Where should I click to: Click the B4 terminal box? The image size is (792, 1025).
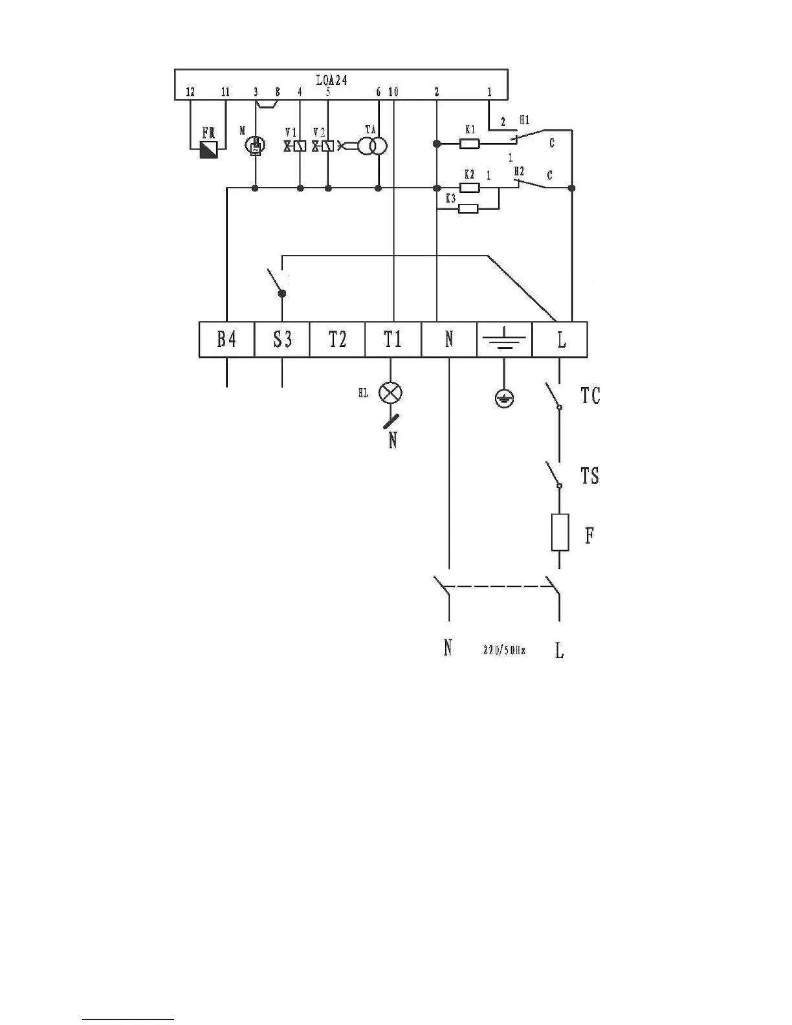tap(226, 339)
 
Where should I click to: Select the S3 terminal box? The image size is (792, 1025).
tap(282, 339)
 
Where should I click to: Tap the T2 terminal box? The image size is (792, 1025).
tap(338, 339)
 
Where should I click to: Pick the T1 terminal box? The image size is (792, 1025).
tap(393, 339)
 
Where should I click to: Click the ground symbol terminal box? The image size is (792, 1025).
tap(505, 339)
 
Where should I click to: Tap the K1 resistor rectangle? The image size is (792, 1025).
tap(469, 144)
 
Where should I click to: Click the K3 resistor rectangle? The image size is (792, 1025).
tap(468, 208)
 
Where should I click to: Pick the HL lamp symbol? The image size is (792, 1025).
tap(390, 392)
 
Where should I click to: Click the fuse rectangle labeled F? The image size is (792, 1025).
tap(560, 533)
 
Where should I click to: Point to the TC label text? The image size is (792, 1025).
tap(590, 395)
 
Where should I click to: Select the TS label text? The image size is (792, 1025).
tap(589, 476)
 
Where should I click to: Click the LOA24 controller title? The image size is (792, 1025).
tap(331, 80)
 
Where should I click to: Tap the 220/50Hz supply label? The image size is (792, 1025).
tap(504, 650)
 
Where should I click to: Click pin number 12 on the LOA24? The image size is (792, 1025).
tap(190, 93)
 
